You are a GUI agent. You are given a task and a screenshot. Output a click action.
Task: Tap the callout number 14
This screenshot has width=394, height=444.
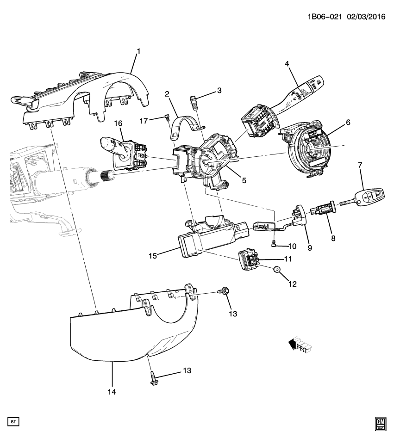click(112, 392)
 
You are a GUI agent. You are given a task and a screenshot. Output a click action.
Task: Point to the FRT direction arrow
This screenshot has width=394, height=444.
click(300, 344)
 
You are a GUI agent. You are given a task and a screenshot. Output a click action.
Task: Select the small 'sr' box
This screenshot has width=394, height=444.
click(13, 422)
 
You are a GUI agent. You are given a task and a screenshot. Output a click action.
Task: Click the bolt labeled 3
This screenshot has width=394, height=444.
click(194, 101)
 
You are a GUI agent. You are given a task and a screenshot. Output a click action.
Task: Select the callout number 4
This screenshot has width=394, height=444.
click(287, 63)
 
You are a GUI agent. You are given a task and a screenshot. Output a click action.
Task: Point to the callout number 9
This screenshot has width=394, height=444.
click(310, 247)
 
